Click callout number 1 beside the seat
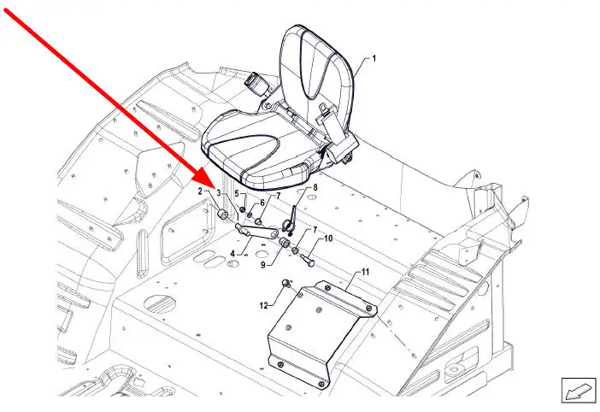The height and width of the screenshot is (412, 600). pyautogui.click(x=374, y=58)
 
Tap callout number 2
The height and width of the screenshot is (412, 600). pyautogui.click(x=200, y=191)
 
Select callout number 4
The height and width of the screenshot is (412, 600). pyautogui.click(x=232, y=253)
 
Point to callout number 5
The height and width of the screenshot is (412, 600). pyautogui.click(x=237, y=193)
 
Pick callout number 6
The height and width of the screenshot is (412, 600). pyautogui.click(x=262, y=203)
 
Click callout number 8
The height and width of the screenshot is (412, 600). pyautogui.click(x=315, y=187)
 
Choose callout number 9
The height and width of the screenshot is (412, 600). pyautogui.click(x=263, y=264)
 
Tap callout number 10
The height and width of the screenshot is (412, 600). pyautogui.click(x=328, y=238)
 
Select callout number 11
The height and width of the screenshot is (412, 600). pyautogui.click(x=365, y=272)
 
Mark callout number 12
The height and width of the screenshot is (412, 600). pyautogui.click(x=263, y=305)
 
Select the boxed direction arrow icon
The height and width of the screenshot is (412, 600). pyautogui.click(x=579, y=390)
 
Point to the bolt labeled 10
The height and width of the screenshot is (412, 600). pyautogui.click(x=307, y=260)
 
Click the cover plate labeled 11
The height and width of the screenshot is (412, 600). pyautogui.click(x=321, y=333)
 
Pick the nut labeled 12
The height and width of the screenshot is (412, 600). pyautogui.click(x=286, y=284)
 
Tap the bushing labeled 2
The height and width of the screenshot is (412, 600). pyautogui.click(x=222, y=215)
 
